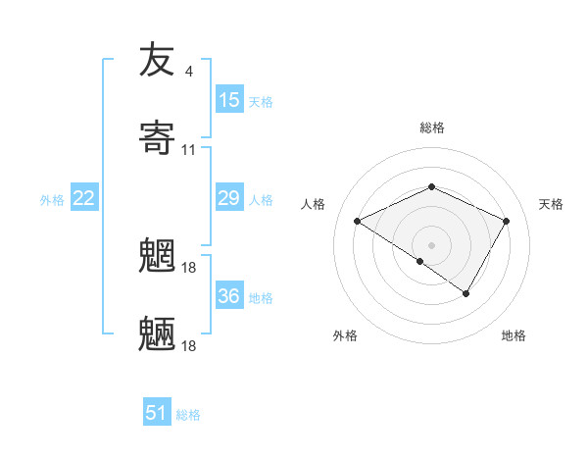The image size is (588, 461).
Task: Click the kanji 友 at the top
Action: pyautogui.click(x=158, y=61)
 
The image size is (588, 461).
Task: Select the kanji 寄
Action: pyautogui.click(x=158, y=138)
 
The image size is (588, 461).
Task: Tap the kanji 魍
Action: pyautogui.click(x=158, y=255)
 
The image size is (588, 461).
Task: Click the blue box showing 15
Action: pyautogui.click(x=229, y=100)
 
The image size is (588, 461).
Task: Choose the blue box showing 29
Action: pyautogui.click(x=229, y=199)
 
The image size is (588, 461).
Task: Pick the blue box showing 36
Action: pyautogui.click(x=229, y=296)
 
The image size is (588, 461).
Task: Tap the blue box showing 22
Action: pyautogui.click(x=84, y=199)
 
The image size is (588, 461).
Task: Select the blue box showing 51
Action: pyautogui.click(x=157, y=413)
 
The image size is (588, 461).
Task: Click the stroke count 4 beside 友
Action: pyautogui.click(x=188, y=71)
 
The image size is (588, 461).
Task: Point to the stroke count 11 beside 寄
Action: pyautogui.click(x=189, y=150)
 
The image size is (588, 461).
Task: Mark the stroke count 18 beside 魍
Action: pyautogui.click(x=190, y=266)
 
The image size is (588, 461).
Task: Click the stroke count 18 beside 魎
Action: pyautogui.click(x=190, y=345)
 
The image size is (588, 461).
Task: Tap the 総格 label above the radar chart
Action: pyautogui.click(x=432, y=128)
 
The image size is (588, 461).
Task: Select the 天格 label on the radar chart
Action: pyautogui.click(x=551, y=204)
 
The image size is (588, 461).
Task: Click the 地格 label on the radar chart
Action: pyautogui.click(x=514, y=335)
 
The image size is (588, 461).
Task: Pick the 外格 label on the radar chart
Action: pyautogui.click(x=344, y=335)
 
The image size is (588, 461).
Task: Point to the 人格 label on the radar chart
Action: pyautogui.click(x=314, y=204)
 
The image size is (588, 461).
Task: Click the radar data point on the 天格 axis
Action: pyautogui.click(x=507, y=222)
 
